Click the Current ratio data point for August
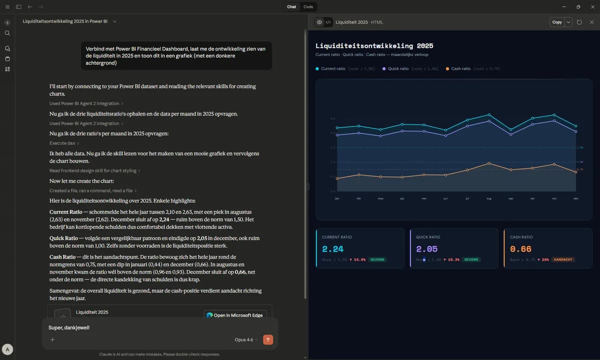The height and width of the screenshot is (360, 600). tap(489, 114)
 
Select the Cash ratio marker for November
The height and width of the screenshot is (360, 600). tap(554, 164)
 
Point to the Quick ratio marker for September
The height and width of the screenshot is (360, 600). tap(510, 132)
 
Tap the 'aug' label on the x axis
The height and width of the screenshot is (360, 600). tap(489, 198)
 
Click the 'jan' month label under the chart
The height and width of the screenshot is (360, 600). tap(337, 198)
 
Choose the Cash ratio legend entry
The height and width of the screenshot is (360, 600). tap(460, 68)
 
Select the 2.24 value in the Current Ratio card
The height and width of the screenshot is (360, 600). tap(332, 249)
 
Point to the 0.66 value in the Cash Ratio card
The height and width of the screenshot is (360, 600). tap(520, 249)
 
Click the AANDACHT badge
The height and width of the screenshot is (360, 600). tap(563, 259)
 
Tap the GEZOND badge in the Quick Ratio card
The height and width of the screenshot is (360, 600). tap(471, 259)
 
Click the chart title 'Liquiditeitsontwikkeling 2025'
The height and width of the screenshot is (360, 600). tap(374, 45)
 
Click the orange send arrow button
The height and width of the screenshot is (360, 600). tap(268, 339)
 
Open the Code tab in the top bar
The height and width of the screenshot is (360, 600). tap(308, 7)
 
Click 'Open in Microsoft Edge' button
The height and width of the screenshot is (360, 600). tap(235, 315)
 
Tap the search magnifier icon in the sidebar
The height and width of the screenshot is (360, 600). tap(7, 33)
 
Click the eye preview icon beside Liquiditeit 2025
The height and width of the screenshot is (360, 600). tap(319, 22)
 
